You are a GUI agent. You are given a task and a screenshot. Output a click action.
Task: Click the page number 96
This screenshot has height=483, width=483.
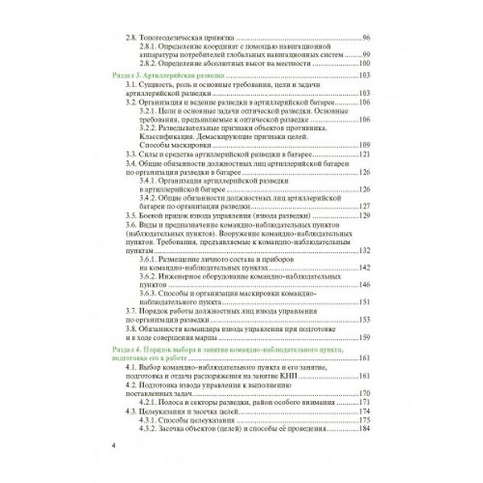[x=366, y=39]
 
